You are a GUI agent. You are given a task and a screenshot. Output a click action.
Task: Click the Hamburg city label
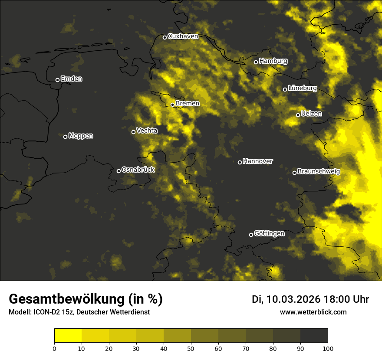tap(273, 61)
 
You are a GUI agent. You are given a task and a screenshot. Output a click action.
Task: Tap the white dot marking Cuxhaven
tap(165, 37)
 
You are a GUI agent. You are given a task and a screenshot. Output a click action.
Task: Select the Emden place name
tap(71, 79)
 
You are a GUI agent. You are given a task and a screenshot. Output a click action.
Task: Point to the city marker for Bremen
tap(172, 105)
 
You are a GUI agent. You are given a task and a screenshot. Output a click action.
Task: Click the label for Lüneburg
tap(302, 88)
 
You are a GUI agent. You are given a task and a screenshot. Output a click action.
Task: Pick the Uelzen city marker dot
tap(298, 115)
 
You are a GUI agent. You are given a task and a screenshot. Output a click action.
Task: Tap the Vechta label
tap(147, 131)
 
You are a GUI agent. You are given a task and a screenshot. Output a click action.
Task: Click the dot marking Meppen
tap(65, 137)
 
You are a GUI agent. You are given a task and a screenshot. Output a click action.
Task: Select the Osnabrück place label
tap(138, 170)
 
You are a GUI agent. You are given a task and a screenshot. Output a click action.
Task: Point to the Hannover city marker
tap(240, 162)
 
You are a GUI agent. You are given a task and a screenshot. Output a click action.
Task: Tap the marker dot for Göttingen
tap(251, 235)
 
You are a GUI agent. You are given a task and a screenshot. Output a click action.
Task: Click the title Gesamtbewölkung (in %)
tap(86, 299)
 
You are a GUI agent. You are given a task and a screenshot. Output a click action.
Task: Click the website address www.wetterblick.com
tap(313, 312)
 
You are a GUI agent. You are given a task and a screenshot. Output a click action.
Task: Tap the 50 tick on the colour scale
tap(191, 348)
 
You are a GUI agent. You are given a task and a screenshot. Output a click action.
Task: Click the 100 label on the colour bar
tap(328, 348)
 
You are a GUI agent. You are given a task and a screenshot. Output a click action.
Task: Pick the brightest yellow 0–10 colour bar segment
tap(68, 335)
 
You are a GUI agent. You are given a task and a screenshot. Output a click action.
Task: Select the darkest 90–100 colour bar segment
tap(314, 335)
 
